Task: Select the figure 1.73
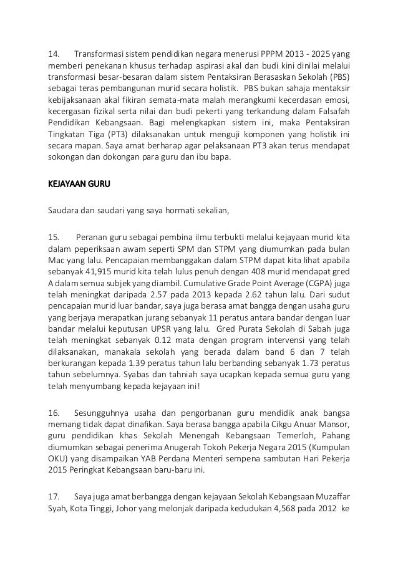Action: coord(305,367)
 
